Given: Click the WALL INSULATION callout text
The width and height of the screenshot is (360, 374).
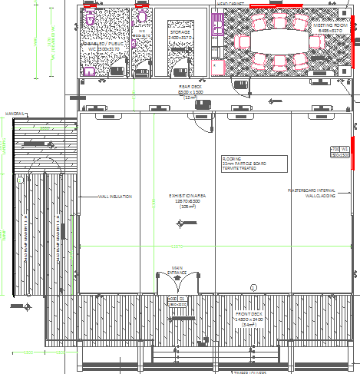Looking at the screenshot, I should pos(115,197).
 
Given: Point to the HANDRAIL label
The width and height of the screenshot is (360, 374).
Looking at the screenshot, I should pos(15,114).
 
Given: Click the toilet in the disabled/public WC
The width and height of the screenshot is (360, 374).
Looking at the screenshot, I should pos(91,18).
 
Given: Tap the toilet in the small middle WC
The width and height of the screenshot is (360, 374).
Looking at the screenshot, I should pos(142,17).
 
